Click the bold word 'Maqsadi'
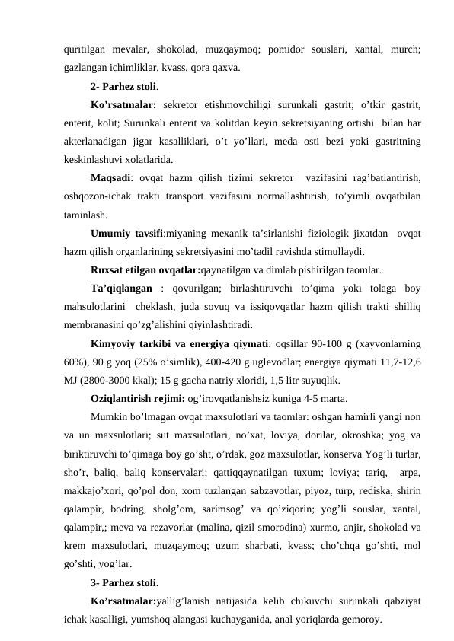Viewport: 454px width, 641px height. (110, 179)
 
